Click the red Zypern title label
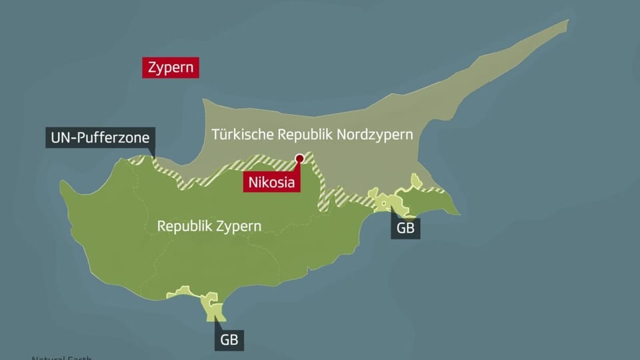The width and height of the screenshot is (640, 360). coord(171,67)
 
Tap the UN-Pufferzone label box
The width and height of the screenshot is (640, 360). coord(100,139)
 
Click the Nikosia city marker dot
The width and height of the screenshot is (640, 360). coord(299,159)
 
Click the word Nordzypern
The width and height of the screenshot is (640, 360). coord(375,134)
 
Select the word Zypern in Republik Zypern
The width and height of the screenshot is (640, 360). coord(238,226)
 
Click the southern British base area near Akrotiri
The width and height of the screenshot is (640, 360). coord(213,303)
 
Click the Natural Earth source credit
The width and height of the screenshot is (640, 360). coord(60,357)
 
